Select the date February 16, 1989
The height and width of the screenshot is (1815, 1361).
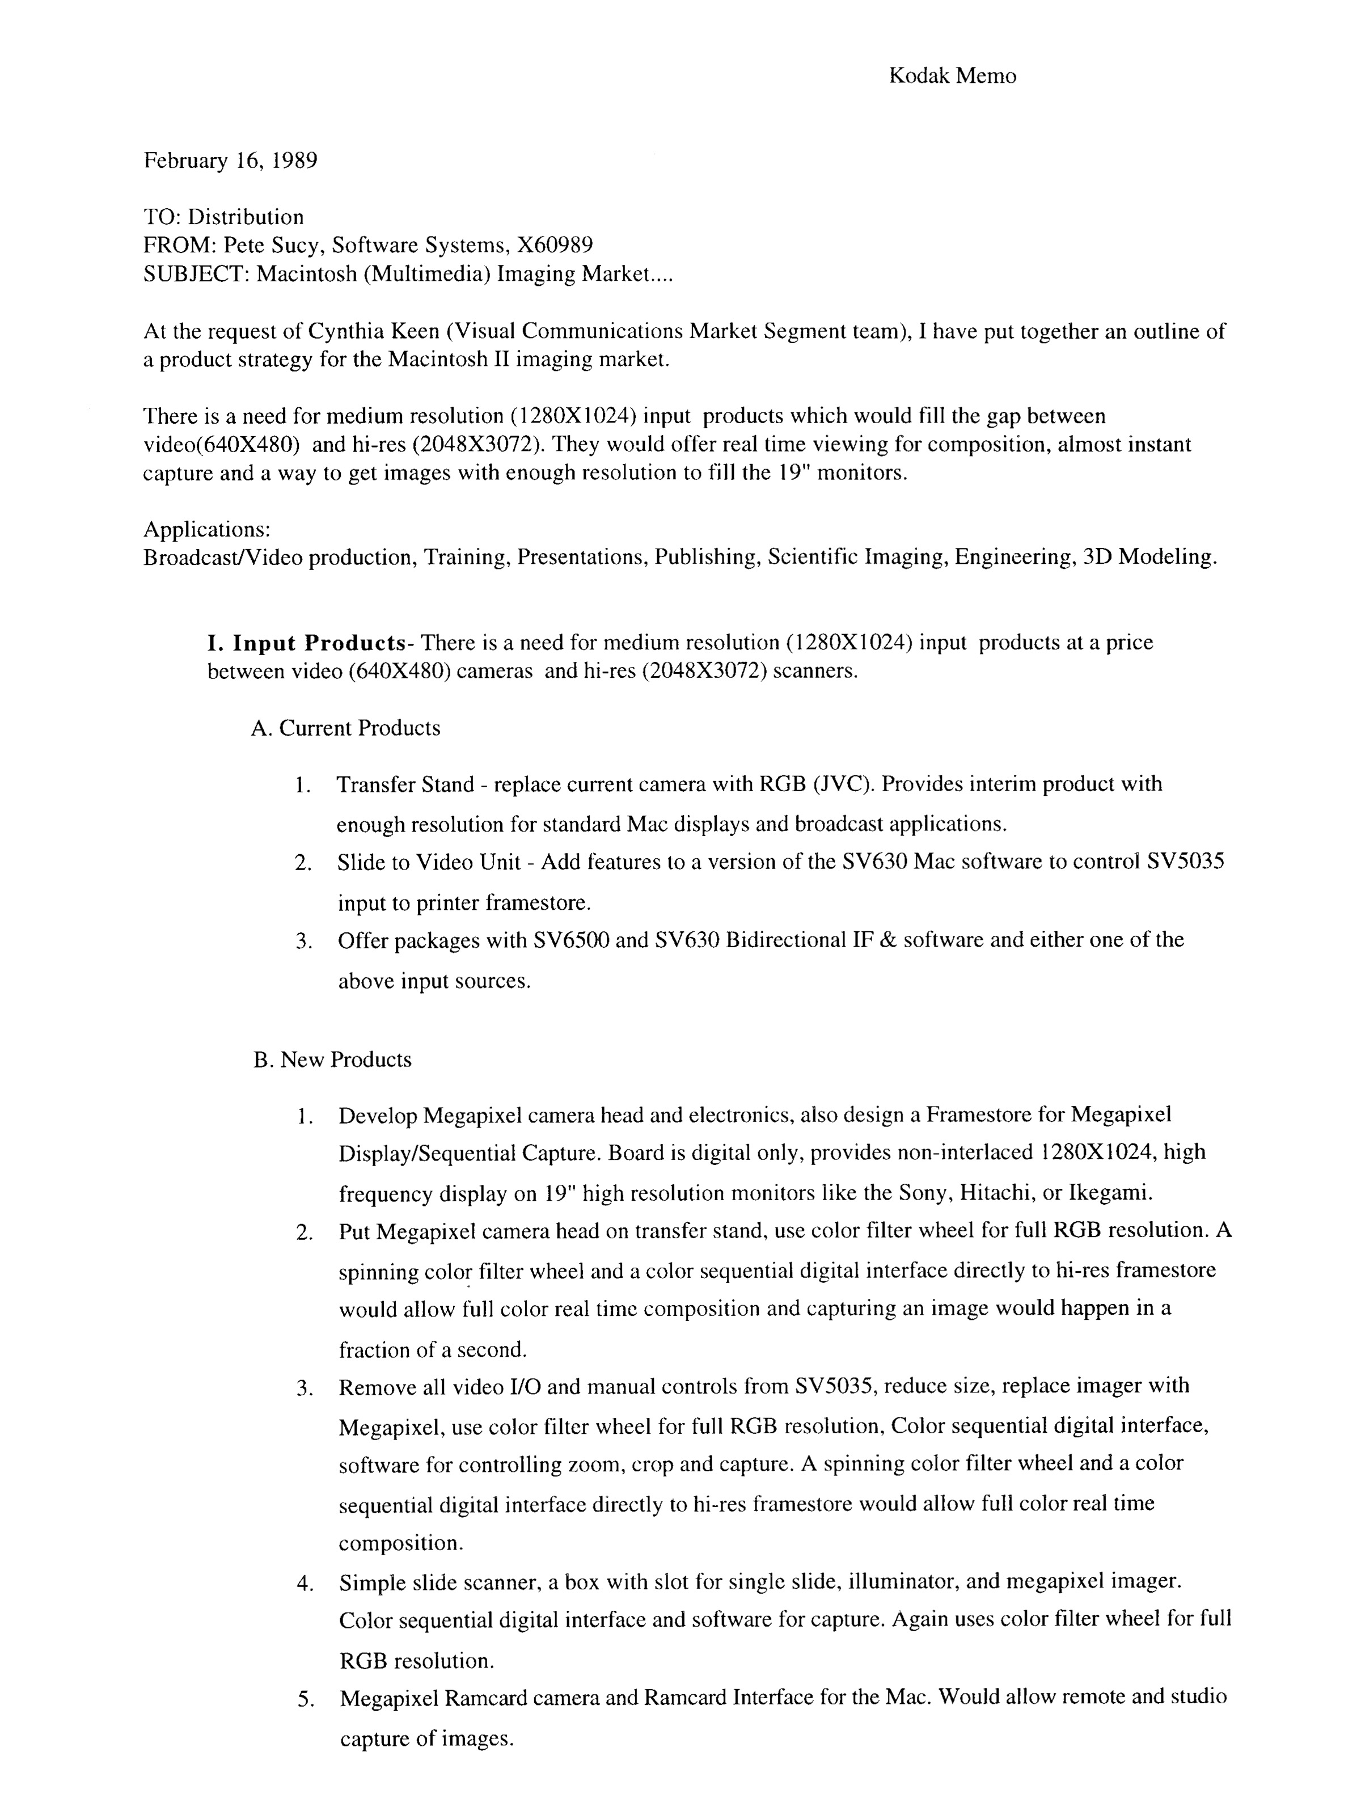click(x=231, y=160)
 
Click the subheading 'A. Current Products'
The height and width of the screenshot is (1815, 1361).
click(x=345, y=729)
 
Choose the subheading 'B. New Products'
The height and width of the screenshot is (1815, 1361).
click(x=332, y=1060)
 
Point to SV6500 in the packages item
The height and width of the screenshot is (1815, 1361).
click(x=571, y=939)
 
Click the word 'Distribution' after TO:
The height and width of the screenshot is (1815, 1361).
click(x=246, y=217)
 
